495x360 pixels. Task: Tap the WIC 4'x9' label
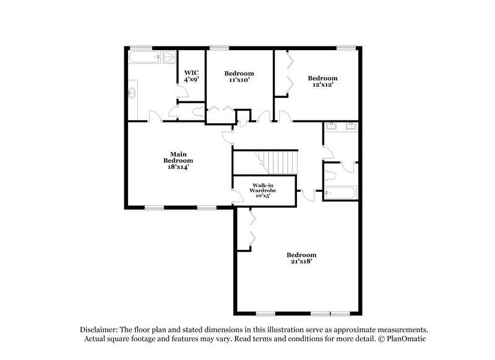coord(191,75)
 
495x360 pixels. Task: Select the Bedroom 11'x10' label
coord(239,76)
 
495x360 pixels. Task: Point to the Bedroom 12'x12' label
coord(323,81)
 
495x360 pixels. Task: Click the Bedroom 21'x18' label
coord(301,259)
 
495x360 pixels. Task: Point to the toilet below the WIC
coord(196,113)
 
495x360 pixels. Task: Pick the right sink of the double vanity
coord(351,126)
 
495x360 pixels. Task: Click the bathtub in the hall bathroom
coord(340,193)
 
